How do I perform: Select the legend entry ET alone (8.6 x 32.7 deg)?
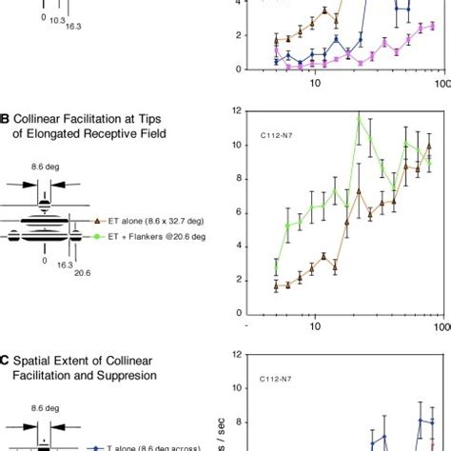coord(147,219)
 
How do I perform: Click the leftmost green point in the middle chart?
coord(275,268)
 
